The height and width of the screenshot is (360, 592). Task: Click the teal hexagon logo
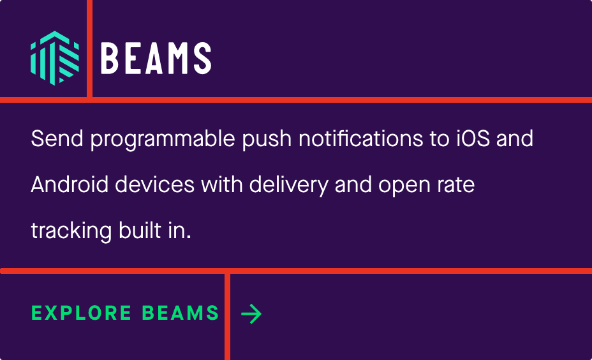pyautogui.click(x=55, y=58)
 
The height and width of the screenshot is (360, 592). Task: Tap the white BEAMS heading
pyautogui.click(x=156, y=58)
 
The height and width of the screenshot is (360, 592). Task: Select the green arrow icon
pyautogui.click(x=251, y=313)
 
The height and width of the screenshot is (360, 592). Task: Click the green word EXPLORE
pyautogui.click(x=82, y=313)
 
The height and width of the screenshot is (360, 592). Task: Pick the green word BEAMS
pyautogui.click(x=181, y=313)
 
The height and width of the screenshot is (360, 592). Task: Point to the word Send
pyautogui.click(x=57, y=139)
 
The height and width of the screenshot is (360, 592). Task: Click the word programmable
pyautogui.click(x=163, y=140)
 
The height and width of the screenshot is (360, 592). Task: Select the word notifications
pyautogui.click(x=360, y=139)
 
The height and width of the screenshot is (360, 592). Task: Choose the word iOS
pyautogui.click(x=473, y=139)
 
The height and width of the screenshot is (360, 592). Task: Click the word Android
pyautogui.click(x=70, y=184)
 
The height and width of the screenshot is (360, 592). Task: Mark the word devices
pyautogui.click(x=155, y=184)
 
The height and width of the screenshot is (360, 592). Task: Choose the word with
pyautogui.click(x=221, y=184)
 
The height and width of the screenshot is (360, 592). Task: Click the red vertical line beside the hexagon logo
pyautogui.click(x=89, y=49)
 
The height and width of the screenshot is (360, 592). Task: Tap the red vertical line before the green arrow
pyautogui.click(x=227, y=317)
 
